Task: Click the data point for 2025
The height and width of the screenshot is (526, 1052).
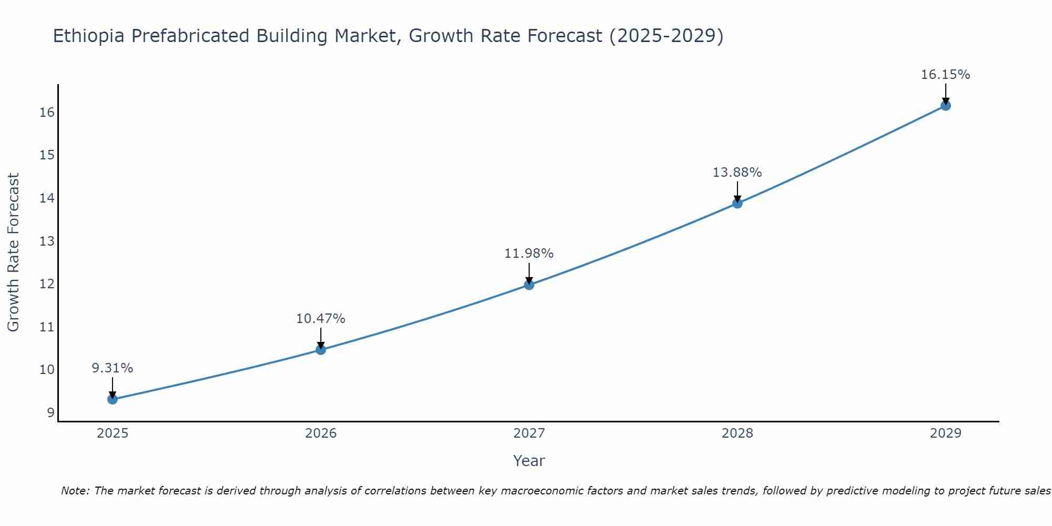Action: pos(112,399)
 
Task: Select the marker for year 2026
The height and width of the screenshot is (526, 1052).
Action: pos(321,350)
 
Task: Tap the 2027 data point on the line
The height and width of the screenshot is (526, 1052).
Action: pos(529,285)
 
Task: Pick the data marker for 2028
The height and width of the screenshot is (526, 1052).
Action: pos(737,204)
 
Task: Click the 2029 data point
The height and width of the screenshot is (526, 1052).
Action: pos(945,106)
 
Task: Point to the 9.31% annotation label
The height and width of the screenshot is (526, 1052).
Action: pos(113,368)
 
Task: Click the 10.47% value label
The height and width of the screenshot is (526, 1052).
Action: pos(321,319)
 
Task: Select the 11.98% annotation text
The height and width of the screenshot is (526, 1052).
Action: pos(529,254)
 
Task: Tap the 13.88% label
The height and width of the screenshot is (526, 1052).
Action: pos(737,173)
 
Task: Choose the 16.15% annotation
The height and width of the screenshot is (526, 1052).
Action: pos(945,75)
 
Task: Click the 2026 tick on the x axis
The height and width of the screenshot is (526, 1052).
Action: pos(321,433)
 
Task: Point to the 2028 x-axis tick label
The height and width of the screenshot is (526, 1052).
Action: pos(737,433)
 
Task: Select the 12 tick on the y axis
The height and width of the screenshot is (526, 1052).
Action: pos(47,284)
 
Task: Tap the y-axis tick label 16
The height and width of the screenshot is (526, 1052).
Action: pos(47,113)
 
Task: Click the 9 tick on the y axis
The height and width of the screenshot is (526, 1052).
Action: pos(50,413)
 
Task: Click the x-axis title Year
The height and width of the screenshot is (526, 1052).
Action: pos(529,461)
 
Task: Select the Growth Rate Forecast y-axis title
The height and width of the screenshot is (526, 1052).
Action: pos(13,252)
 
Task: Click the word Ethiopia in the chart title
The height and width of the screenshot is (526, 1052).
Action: pos(89,36)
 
